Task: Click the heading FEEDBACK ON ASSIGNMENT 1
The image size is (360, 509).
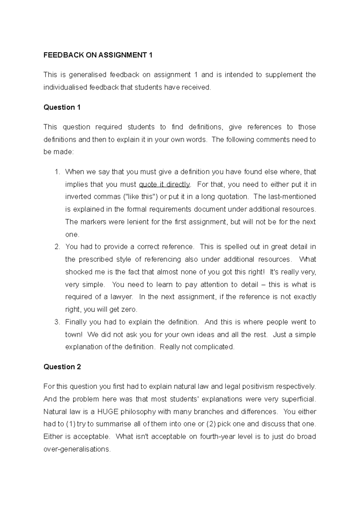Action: [x=98, y=55]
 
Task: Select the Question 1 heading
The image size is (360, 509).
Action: [x=62, y=107]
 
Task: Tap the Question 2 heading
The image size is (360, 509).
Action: [x=62, y=367]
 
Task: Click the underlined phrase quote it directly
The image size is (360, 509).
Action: [x=165, y=184]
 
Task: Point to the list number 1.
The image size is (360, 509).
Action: [x=57, y=172]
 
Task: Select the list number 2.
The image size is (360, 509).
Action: [x=57, y=247]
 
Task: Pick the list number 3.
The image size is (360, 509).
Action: [x=57, y=322]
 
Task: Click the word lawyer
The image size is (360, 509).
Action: [x=121, y=297]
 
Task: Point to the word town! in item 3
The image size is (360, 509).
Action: [x=73, y=335]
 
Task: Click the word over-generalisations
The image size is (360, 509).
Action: [x=77, y=449]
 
